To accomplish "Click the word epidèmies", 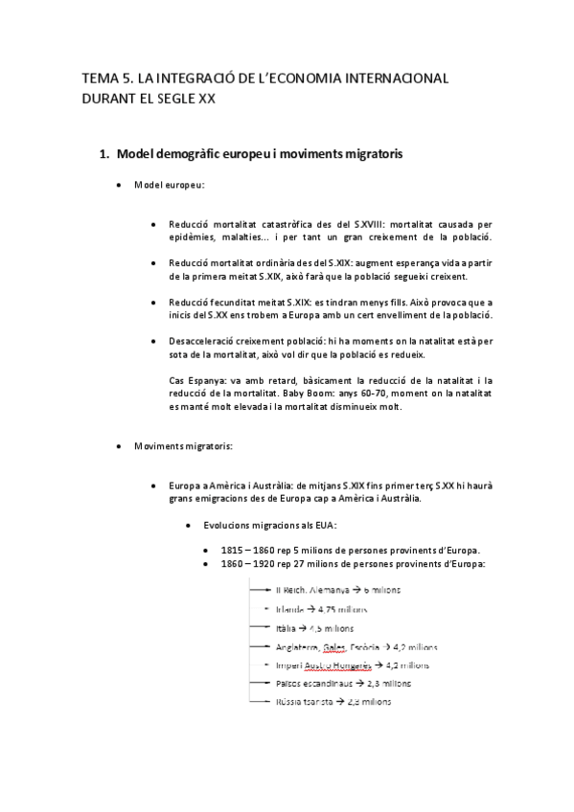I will (x=193, y=236).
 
